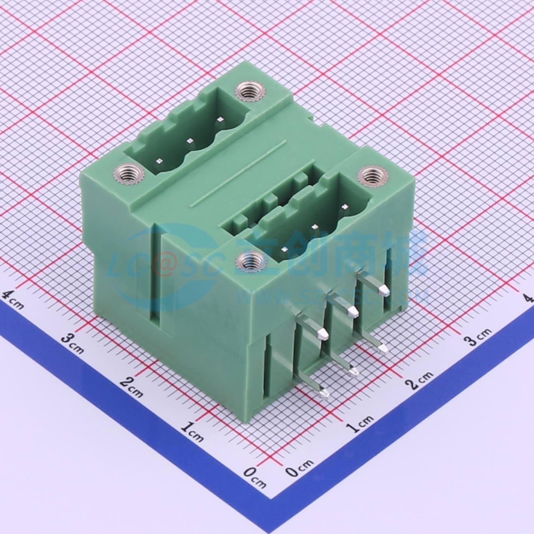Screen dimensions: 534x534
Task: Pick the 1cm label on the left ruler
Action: point(192,431)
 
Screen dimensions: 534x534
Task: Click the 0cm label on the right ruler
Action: point(299,468)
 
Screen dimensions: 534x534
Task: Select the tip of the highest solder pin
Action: point(384,291)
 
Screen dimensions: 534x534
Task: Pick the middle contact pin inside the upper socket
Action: point(190,140)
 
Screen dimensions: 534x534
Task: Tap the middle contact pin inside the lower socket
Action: point(315,226)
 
